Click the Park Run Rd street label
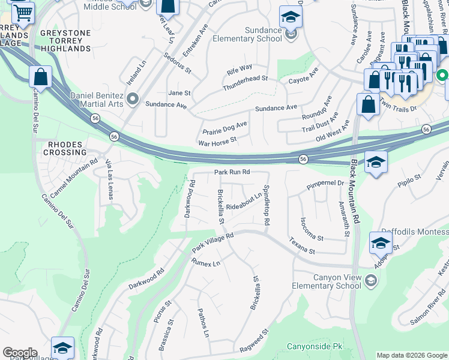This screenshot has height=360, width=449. pos(232,172)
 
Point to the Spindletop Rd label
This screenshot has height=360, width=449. pos(266,205)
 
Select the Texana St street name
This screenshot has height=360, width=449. pos(303,246)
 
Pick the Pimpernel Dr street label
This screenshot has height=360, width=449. pos(324,184)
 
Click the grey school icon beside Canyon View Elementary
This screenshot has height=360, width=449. pos(372,280)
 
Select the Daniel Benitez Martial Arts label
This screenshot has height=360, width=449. pos(89,100)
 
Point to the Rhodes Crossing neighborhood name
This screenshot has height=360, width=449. pos(64,149)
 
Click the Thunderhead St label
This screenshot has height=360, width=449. pos(245,83)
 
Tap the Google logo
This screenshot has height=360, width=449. pos(20,353)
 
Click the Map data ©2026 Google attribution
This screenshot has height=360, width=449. pos(411,355)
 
